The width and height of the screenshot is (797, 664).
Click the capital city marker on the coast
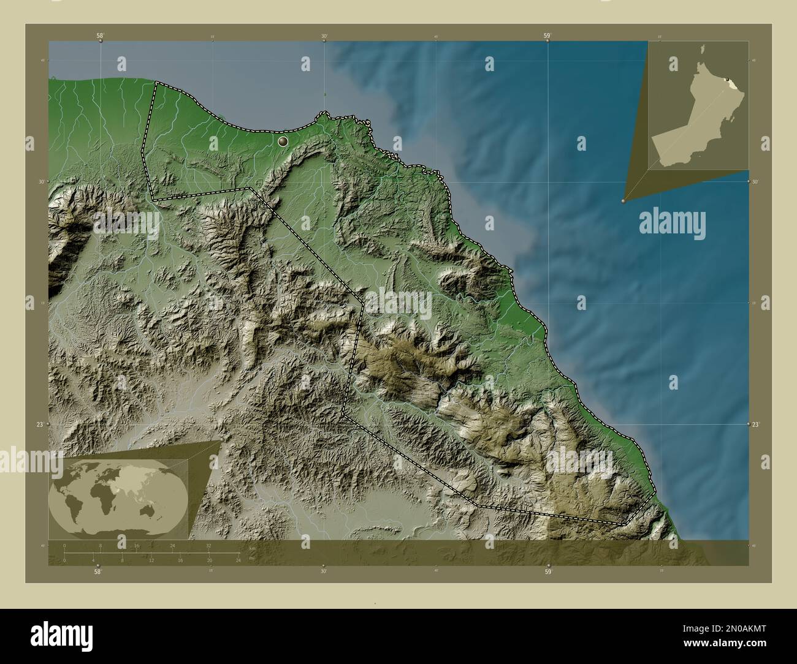(x=283, y=141)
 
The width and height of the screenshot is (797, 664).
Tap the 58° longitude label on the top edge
(x=99, y=36)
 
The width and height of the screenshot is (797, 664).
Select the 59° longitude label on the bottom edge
(x=548, y=572)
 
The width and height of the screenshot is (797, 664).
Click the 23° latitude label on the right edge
(x=755, y=424)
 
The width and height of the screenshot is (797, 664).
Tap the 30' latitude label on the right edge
(x=756, y=182)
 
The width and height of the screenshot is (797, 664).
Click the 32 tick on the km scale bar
(x=209, y=545)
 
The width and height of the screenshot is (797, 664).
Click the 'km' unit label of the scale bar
(x=251, y=548)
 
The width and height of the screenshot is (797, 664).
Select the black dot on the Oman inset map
(x=726, y=80)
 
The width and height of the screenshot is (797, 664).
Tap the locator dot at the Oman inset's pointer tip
(x=623, y=200)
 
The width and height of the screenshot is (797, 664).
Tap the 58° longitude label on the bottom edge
(x=97, y=572)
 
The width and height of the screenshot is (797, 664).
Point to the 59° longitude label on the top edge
(x=547, y=36)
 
